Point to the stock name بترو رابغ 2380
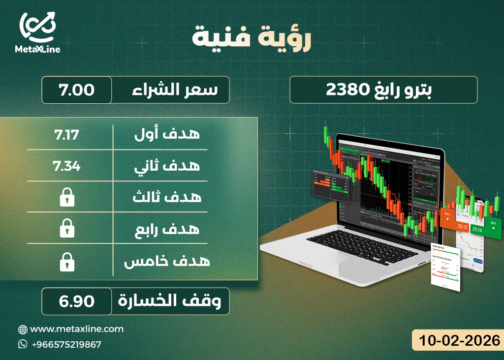(x=383, y=90)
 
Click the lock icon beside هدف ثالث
(x=66, y=198)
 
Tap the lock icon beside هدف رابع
(x=66, y=229)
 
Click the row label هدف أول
(x=167, y=134)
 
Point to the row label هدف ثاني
(x=167, y=166)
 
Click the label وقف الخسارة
(x=169, y=301)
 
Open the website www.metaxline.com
(x=77, y=329)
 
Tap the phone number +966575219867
(x=66, y=344)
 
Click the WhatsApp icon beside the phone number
(x=23, y=344)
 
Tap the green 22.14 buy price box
(x=477, y=229)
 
